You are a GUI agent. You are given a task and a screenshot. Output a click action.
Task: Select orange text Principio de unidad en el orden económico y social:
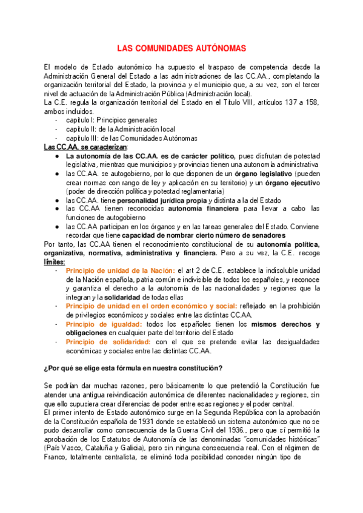click(x=152, y=306)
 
